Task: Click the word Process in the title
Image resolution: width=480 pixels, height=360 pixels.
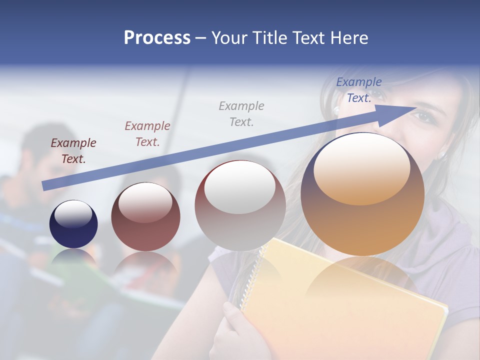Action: [157, 38]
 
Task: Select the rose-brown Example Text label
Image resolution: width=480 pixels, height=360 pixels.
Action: [147, 134]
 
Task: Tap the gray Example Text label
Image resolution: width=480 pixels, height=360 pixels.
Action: [241, 113]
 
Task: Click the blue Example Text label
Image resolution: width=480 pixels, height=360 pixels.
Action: [358, 90]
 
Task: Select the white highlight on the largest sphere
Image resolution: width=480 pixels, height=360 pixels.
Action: [361, 167]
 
